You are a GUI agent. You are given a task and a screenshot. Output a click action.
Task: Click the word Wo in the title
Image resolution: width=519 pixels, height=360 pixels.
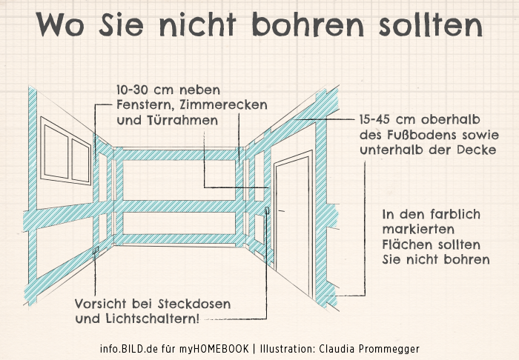pos(60,24)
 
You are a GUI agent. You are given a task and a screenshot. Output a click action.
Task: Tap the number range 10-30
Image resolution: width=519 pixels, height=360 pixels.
pos(135,90)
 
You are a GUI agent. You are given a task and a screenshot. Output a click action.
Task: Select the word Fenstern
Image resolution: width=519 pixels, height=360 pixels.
pos(145,105)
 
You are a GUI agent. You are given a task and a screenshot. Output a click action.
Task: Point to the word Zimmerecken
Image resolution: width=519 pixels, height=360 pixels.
pos(223,104)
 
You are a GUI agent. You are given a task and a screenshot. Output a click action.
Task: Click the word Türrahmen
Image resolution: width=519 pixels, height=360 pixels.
pos(167,120)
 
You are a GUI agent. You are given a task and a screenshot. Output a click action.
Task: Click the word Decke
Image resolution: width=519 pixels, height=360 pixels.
pos(477,150)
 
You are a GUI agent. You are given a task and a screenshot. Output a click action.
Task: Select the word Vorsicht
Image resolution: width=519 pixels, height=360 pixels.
pos(100,304)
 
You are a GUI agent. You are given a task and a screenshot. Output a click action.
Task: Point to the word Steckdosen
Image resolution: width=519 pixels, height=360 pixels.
pos(194,304)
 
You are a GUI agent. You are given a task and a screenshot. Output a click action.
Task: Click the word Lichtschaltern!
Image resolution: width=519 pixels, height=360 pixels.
pos(153,319)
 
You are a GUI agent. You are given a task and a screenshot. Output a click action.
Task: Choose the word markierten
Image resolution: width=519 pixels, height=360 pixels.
pos(418,229)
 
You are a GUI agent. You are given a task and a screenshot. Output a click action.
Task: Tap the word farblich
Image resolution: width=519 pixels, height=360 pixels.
pos(457,214)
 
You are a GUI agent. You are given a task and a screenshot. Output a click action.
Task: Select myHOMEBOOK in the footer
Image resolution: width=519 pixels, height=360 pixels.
pos(214,349)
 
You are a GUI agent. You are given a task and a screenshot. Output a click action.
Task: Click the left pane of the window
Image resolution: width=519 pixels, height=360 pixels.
pos(56,152)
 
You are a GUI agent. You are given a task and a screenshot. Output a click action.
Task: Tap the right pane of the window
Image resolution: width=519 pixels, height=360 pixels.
pos(81,161)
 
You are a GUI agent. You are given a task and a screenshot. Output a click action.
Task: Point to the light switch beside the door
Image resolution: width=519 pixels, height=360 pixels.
pos(267,210)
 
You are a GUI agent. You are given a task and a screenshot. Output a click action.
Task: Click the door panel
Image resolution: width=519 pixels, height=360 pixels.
pos(293,224)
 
